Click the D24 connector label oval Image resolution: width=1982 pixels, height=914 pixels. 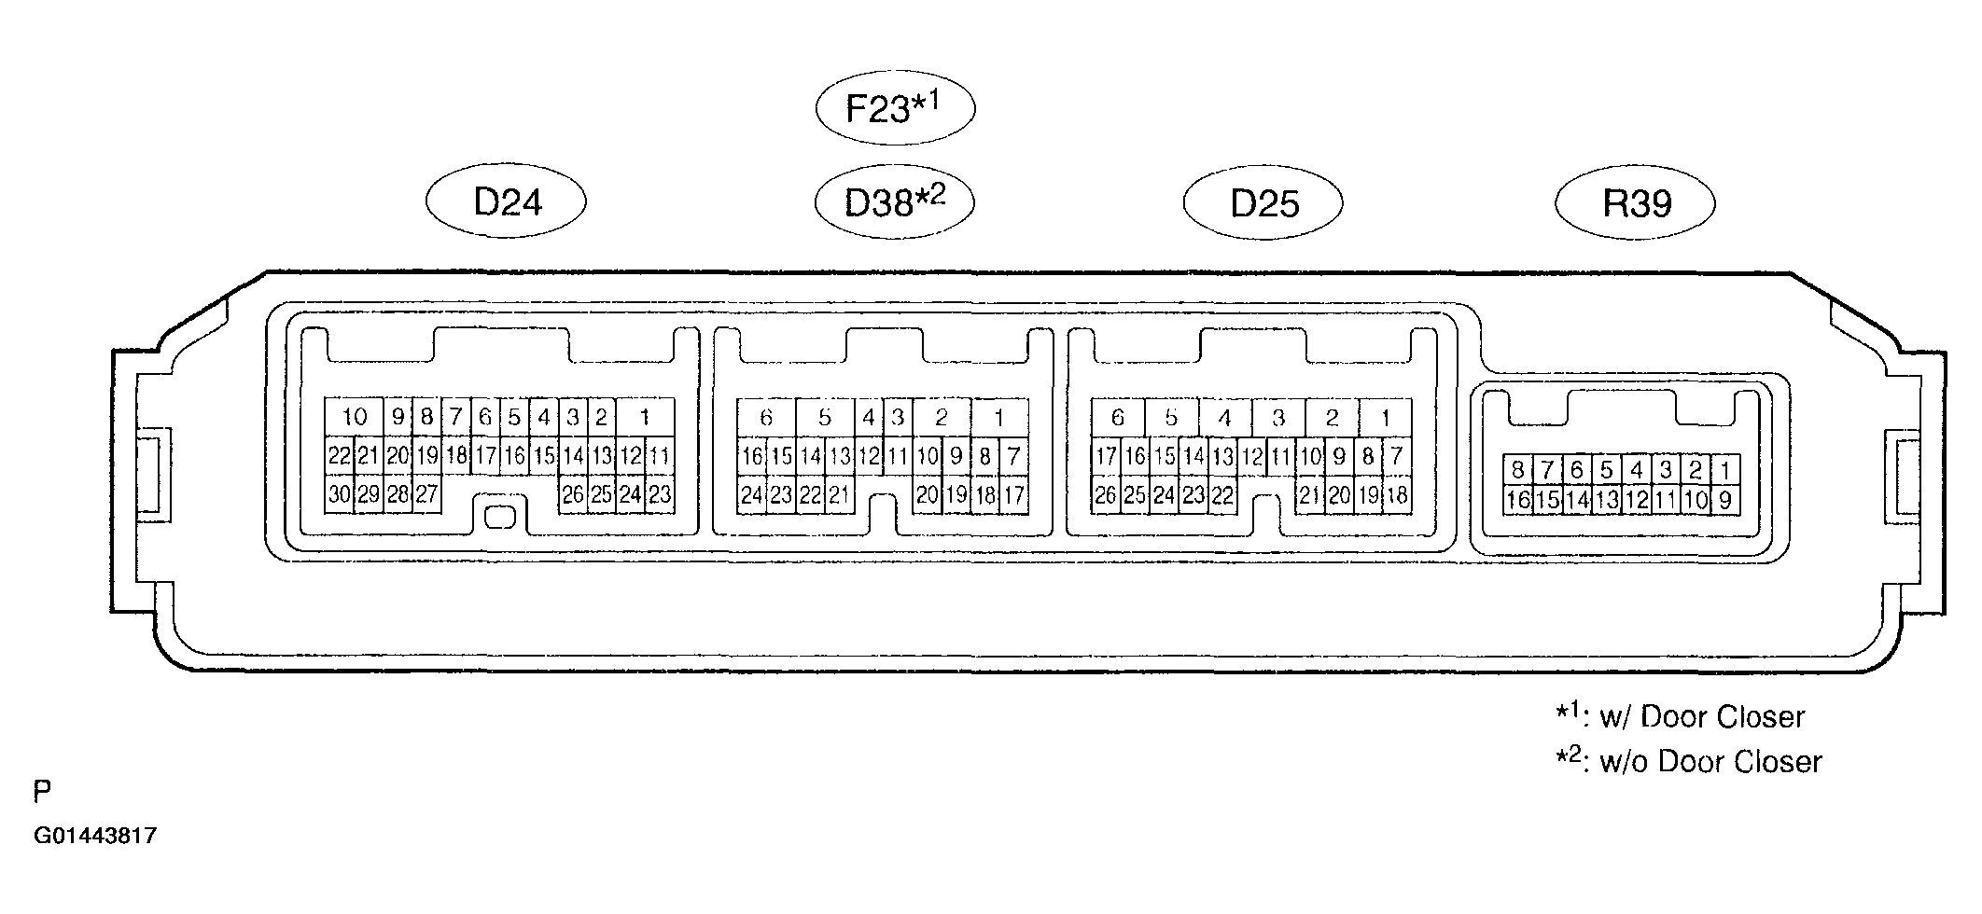[x=506, y=201]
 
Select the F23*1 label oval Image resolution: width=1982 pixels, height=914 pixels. [x=895, y=108]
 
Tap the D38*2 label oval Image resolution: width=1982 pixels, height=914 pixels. [x=894, y=201]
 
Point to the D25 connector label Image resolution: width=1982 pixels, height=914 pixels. [x=1263, y=202]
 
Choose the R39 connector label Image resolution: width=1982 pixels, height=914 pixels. [x=1635, y=202]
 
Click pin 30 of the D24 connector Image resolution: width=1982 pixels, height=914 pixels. [x=340, y=494]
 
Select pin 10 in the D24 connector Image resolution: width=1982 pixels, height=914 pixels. [x=354, y=417]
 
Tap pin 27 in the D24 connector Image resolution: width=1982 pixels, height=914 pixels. [x=427, y=494]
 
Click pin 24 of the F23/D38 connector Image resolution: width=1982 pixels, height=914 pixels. [x=752, y=494]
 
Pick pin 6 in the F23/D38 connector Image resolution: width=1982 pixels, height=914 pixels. [x=766, y=418]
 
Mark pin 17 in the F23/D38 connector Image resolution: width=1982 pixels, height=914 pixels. [x=1014, y=494]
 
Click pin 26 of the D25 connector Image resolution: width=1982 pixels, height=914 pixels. [x=1106, y=494]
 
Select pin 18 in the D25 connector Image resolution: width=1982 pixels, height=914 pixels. [x=1397, y=494]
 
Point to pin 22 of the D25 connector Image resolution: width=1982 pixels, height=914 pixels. [x=1222, y=494]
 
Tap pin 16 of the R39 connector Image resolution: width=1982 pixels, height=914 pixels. [x=1518, y=500]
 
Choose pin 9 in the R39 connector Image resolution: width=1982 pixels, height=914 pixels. [x=1725, y=500]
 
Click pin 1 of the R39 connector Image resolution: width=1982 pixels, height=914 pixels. [x=1725, y=470]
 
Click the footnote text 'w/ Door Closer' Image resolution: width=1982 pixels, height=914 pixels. [x=1702, y=716]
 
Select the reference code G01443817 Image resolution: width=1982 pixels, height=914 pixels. [x=95, y=836]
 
